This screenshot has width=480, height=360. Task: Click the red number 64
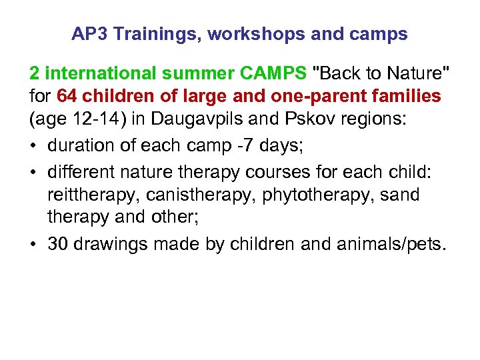tap(67, 96)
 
